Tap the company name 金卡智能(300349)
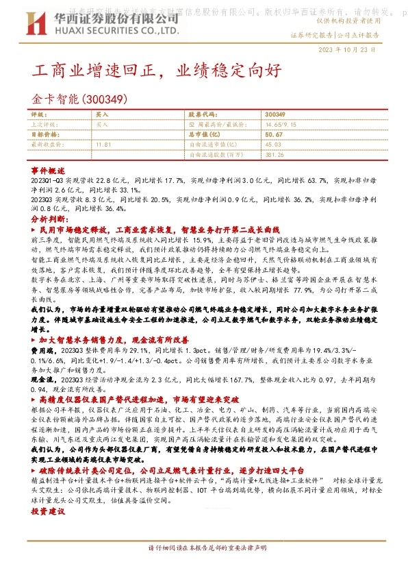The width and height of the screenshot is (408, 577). tap(81, 99)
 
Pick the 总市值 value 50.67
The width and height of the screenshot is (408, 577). tap(273, 135)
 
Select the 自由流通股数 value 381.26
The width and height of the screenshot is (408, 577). tap(275, 155)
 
